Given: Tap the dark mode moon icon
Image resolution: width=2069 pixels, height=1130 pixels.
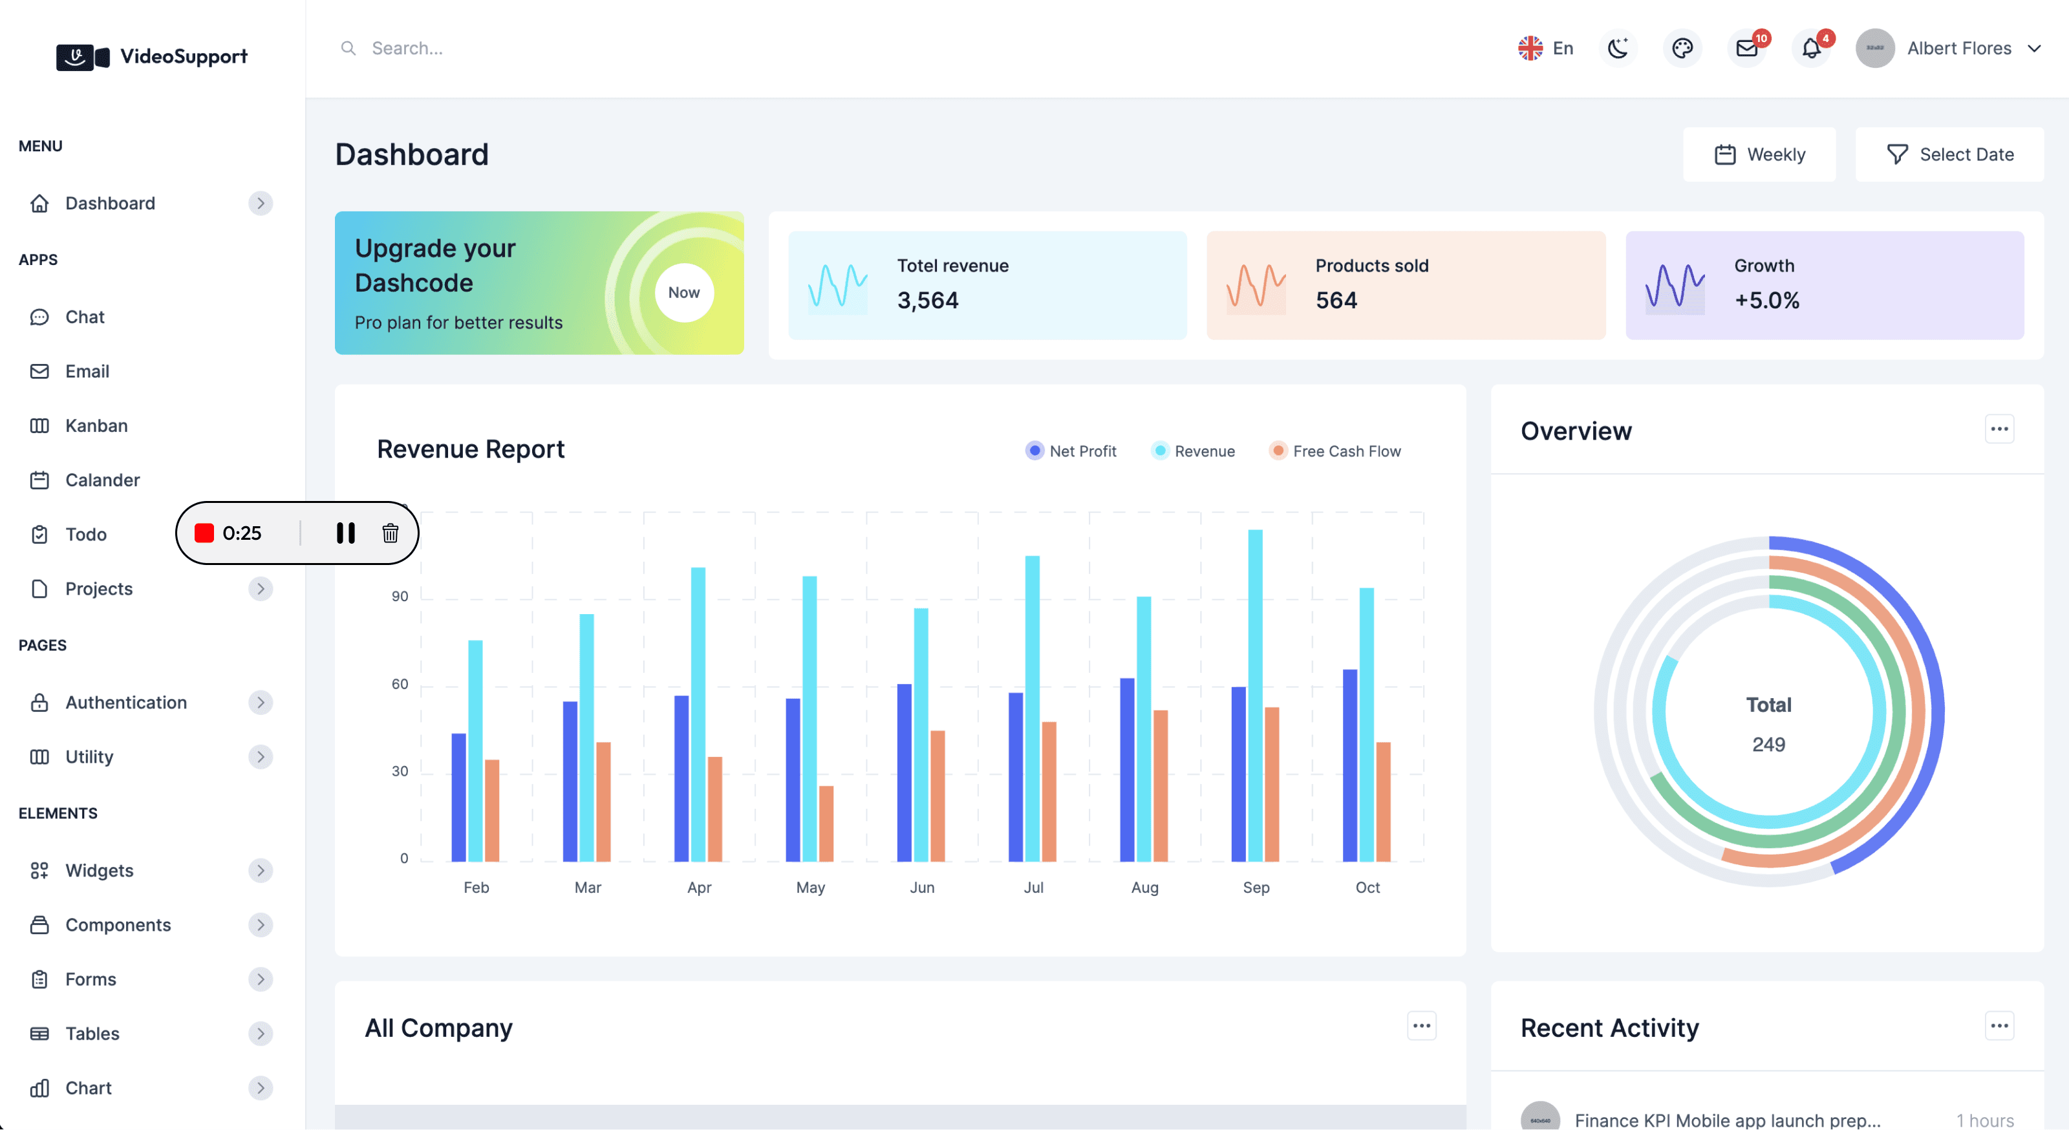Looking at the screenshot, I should (1618, 48).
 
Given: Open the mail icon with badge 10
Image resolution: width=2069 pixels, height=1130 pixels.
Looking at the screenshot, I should (1746, 48).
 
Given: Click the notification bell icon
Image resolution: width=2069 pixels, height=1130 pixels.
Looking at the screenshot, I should (1810, 48).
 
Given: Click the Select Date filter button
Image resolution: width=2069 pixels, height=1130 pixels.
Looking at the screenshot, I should (1949, 155).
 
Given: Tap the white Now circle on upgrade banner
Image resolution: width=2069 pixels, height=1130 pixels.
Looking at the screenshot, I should (683, 292).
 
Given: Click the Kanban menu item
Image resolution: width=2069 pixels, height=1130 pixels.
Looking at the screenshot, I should (96, 425).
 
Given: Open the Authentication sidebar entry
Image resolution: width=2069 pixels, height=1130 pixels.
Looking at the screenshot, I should (126, 703).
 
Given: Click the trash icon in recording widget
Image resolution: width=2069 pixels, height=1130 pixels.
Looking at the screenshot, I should (391, 533).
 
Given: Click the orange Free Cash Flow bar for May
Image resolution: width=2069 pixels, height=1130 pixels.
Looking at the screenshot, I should (826, 823).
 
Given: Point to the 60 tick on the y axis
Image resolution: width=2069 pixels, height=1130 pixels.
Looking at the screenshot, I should (400, 684).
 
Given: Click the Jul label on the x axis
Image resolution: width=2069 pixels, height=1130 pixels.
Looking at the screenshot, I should (1033, 888).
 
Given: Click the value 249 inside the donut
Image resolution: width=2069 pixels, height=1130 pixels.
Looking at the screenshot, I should (1768, 745).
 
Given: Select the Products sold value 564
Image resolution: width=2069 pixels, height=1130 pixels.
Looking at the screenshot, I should (1336, 301).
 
